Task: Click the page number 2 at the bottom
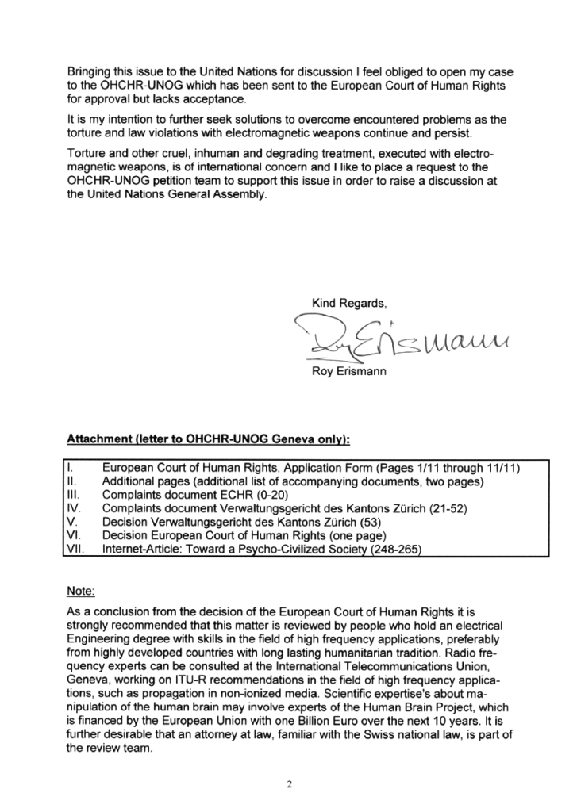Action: tap(289, 785)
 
